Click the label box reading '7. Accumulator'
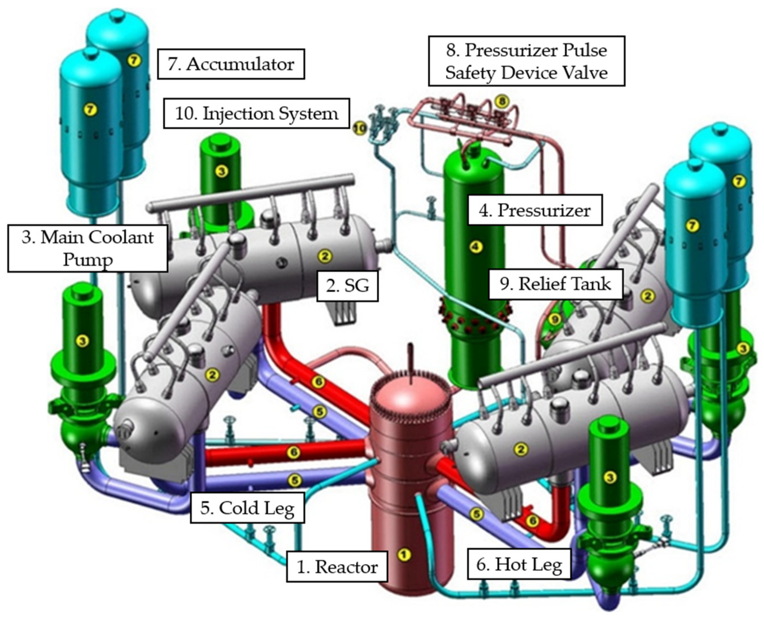231,64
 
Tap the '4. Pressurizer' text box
535,210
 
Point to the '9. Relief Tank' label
555,284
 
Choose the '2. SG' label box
347,286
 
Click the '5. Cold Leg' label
247,508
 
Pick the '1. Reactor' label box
337,567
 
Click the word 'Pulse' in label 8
584,50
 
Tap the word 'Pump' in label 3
88,259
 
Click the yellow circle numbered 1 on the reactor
404,554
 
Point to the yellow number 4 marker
476,246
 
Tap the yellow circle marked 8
502,102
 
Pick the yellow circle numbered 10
360,128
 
